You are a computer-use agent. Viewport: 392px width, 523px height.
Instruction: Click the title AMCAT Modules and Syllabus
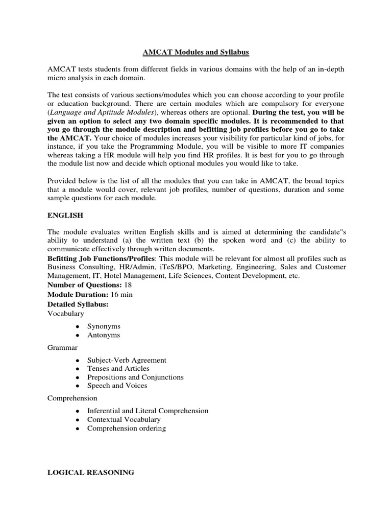pyautogui.click(x=195, y=52)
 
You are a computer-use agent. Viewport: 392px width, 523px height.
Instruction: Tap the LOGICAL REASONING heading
pyautogui.click(x=91, y=472)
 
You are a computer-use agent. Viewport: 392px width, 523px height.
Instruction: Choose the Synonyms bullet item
pyautogui.click(x=104, y=326)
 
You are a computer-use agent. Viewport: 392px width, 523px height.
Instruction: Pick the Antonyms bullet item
pyautogui.click(x=104, y=335)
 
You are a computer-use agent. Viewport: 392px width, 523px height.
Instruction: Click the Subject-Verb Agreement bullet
pyautogui.click(x=127, y=360)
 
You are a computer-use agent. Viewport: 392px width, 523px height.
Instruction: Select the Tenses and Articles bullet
pyautogui.click(x=118, y=368)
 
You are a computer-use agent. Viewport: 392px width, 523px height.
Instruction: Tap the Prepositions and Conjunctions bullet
pyautogui.click(x=135, y=377)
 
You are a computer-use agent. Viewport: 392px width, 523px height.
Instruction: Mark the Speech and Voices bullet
pyautogui.click(x=117, y=386)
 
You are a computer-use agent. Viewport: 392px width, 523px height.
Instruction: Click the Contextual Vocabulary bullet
pyautogui.click(x=124, y=419)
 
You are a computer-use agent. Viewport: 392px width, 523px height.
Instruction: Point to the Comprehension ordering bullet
pyautogui.click(x=127, y=428)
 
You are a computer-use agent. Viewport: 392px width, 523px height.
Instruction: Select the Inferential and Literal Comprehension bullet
pyautogui.click(x=148, y=411)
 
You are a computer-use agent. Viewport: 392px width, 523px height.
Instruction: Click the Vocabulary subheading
pyautogui.click(x=66, y=313)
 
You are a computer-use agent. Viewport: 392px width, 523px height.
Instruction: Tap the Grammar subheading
pyautogui.click(x=62, y=347)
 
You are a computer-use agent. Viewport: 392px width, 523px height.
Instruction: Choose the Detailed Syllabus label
pyautogui.click(x=78, y=304)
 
